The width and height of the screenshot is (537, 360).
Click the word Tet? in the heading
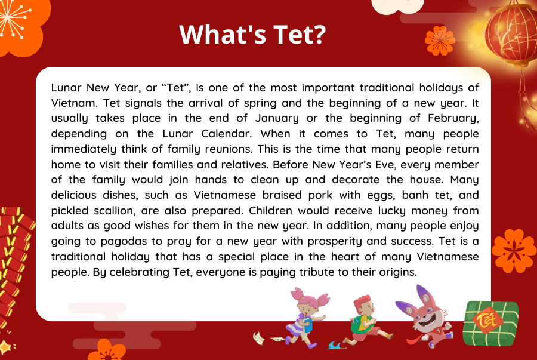[x=299, y=34]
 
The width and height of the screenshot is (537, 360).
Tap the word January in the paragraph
[x=277, y=119]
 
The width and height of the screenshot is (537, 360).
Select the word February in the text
[x=453, y=119]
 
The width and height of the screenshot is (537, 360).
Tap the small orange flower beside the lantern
[x=440, y=41]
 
